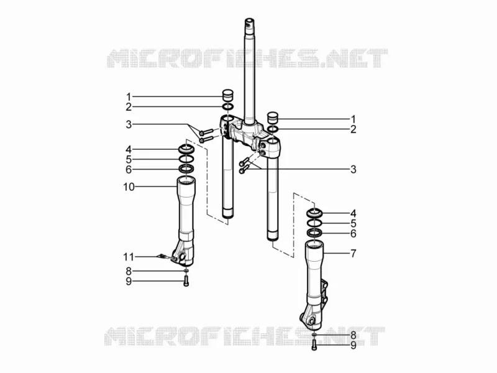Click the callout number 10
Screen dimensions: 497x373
coord(129,187)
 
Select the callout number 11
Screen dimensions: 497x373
coord(129,257)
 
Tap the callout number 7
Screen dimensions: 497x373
coord(353,254)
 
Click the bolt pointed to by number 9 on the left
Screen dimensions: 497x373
coord(186,281)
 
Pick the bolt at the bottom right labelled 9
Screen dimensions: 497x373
coord(314,345)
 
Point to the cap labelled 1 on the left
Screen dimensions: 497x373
coord(227,95)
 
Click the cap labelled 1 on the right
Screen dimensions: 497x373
coord(273,117)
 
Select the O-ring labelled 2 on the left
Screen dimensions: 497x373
coord(228,106)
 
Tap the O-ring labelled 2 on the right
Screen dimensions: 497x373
coord(273,129)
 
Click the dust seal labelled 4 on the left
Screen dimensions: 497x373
coord(186,149)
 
